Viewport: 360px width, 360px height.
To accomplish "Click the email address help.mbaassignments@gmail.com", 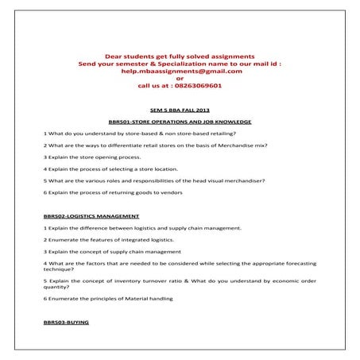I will [180, 71].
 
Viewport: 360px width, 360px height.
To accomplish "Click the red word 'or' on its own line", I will [180, 78].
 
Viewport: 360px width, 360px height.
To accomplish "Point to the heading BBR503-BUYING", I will [66, 323].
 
